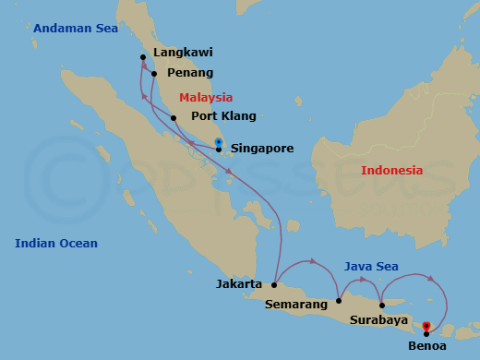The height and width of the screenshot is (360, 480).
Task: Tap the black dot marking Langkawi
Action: tap(143, 57)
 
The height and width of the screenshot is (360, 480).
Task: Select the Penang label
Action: tap(188, 73)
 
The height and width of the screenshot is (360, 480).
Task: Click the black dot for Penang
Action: tap(154, 74)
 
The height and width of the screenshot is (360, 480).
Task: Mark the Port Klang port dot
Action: tap(174, 117)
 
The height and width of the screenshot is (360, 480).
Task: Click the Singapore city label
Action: tap(262, 148)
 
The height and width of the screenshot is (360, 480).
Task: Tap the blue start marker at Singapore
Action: tap(218, 142)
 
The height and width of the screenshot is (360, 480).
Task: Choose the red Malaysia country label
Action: tap(206, 97)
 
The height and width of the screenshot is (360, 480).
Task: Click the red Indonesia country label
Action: tap(391, 170)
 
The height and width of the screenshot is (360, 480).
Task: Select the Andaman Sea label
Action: tap(76, 29)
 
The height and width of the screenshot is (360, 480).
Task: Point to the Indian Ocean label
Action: tap(56, 243)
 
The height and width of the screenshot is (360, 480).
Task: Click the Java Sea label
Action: tap(371, 266)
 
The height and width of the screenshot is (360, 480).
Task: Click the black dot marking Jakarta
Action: tap(274, 285)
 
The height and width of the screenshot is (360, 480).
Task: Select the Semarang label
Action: tap(295, 303)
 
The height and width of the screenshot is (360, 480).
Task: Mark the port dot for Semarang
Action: tap(339, 300)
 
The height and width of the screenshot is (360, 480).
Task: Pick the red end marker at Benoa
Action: tap(426, 326)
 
